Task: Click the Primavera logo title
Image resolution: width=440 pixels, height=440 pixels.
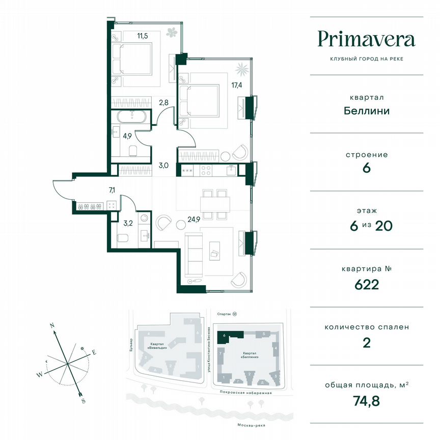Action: coord(366,39)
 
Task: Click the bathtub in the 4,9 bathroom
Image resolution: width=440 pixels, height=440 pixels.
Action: coord(131,117)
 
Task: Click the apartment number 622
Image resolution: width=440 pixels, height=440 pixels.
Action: coord(364,284)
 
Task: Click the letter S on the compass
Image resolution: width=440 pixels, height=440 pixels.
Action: coord(82,401)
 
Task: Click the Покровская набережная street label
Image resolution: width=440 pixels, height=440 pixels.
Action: coord(243,393)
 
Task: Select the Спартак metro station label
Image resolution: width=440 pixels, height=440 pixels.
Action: coord(224,315)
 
